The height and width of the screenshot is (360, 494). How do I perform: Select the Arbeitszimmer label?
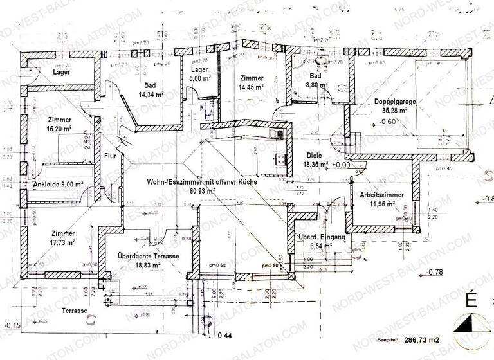pyautogui.click(x=382, y=195)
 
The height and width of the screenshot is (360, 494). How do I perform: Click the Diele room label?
pyautogui.click(x=314, y=155)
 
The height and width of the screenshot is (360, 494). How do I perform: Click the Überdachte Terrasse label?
pyautogui.click(x=148, y=256)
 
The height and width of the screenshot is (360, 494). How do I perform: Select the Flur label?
pyautogui.click(x=111, y=155)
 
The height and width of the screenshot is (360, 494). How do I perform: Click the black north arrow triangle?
pyautogui.click(x=468, y=324)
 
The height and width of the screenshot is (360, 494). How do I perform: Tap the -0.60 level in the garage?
pyautogui.click(x=387, y=121)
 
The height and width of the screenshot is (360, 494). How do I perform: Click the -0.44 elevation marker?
pyautogui.click(x=223, y=336)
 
